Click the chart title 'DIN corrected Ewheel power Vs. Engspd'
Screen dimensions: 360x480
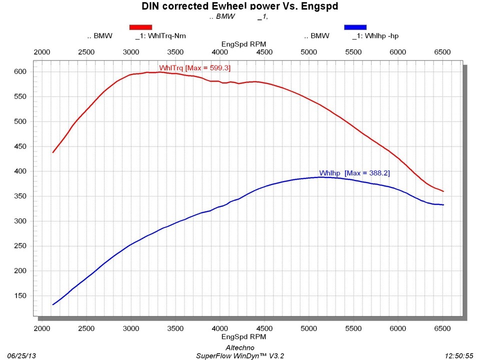239,6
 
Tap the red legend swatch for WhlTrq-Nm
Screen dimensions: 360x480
140,27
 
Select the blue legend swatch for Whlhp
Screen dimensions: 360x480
355,27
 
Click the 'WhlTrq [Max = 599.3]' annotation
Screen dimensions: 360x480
194,68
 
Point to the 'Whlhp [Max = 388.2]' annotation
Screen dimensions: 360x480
354,173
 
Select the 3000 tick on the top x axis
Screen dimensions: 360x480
131,52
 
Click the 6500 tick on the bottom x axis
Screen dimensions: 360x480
442,328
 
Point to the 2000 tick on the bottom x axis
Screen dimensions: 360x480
42,328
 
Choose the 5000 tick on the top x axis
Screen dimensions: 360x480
309,52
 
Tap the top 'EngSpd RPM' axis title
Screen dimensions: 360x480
243,44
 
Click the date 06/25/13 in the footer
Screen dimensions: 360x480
19,355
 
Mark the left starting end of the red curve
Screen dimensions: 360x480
53,152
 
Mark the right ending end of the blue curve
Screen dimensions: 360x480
443,205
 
